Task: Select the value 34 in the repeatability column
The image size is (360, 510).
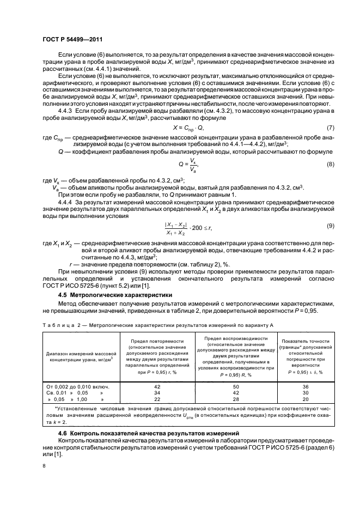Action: (158, 392)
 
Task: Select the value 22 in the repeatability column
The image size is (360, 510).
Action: (158, 399)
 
